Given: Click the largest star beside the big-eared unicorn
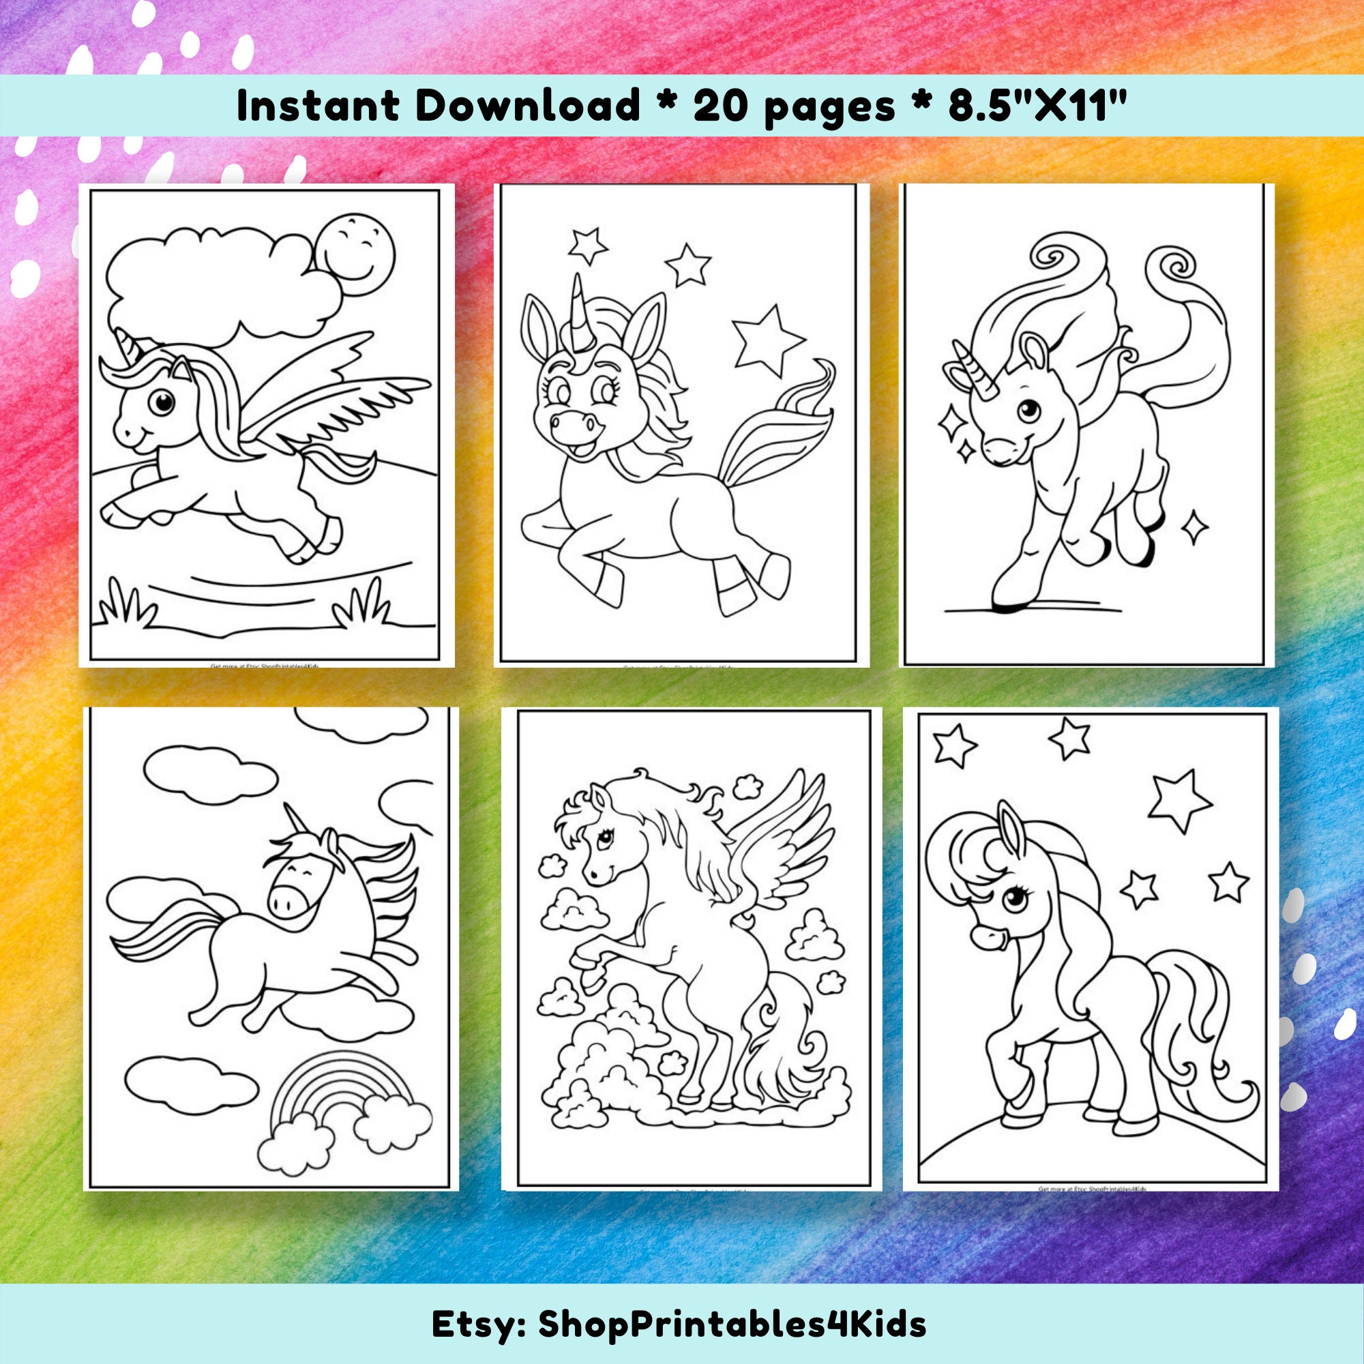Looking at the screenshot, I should [x=767, y=340].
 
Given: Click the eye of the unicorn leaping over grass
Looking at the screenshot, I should [x=163, y=402].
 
